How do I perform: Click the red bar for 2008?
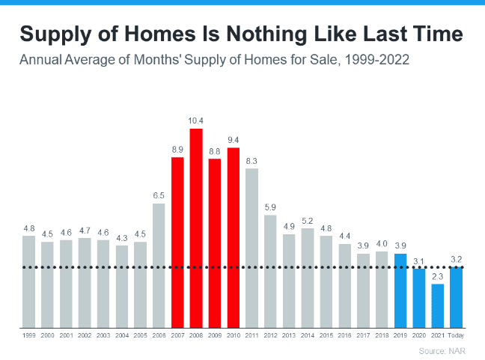[x=196, y=228]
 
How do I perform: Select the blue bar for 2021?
[x=438, y=305]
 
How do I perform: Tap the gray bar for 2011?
[x=252, y=248]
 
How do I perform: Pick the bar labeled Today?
[x=456, y=297]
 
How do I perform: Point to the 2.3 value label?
[x=438, y=276]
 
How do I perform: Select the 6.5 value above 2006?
[x=159, y=195]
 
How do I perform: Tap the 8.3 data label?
[x=252, y=161]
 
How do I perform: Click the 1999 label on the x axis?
[x=28, y=335]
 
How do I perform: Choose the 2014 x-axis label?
[x=308, y=335]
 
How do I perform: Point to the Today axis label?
[x=456, y=335]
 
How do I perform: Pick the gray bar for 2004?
[x=122, y=286]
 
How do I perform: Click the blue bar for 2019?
[x=400, y=290]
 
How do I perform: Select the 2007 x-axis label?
[x=177, y=335]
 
